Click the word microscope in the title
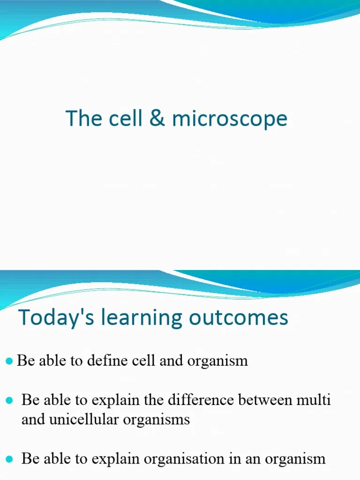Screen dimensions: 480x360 click(229, 119)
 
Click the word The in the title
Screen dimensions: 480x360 click(83, 118)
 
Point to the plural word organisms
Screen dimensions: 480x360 click(157, 419)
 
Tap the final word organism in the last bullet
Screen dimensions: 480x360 click(295, 459)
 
